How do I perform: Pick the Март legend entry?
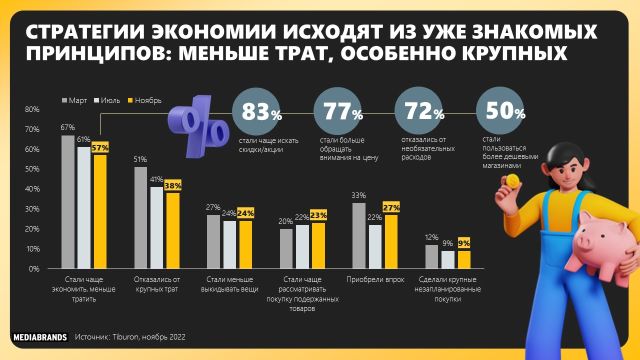click(74, 100)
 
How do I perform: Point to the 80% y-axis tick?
click(32, 109)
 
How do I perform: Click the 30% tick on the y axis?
click(32, 209)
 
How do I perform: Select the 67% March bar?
click(67, 202)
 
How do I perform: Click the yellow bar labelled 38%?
click(173, 230)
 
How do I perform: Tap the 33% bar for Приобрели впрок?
click(359, 235)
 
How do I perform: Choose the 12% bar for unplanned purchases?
click(431, 256)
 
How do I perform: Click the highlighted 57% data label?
click(100, 148)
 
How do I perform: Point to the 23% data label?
click(318, 215)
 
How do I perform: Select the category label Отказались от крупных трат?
click(157, 284)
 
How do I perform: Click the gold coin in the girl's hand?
click(512, 180)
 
